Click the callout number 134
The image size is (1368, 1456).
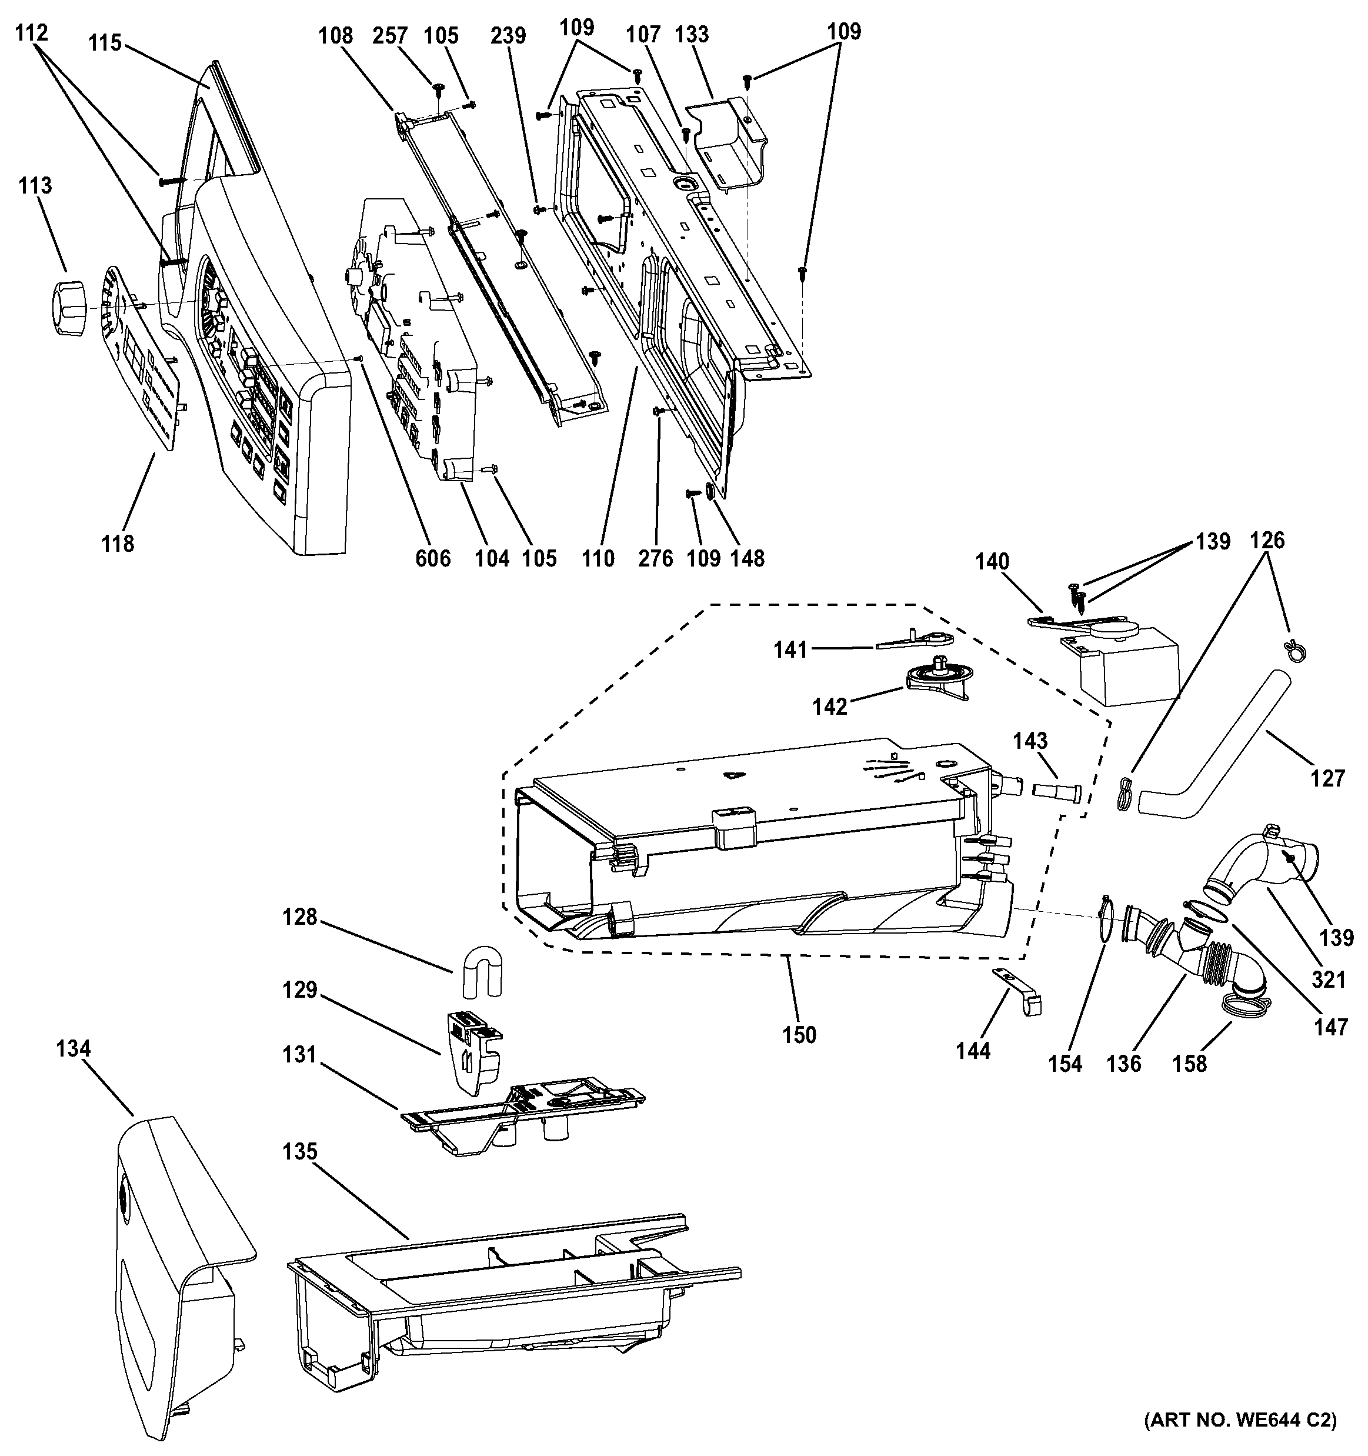(x=74, y=1049)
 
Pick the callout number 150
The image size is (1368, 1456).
(x=798, y=1035)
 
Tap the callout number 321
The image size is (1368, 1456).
(x=1329, y=979)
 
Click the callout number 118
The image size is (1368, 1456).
(x=118, y=544)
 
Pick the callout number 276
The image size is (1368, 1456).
(x=655, y=559)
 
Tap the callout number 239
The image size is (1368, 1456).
(x=508, y=35)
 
